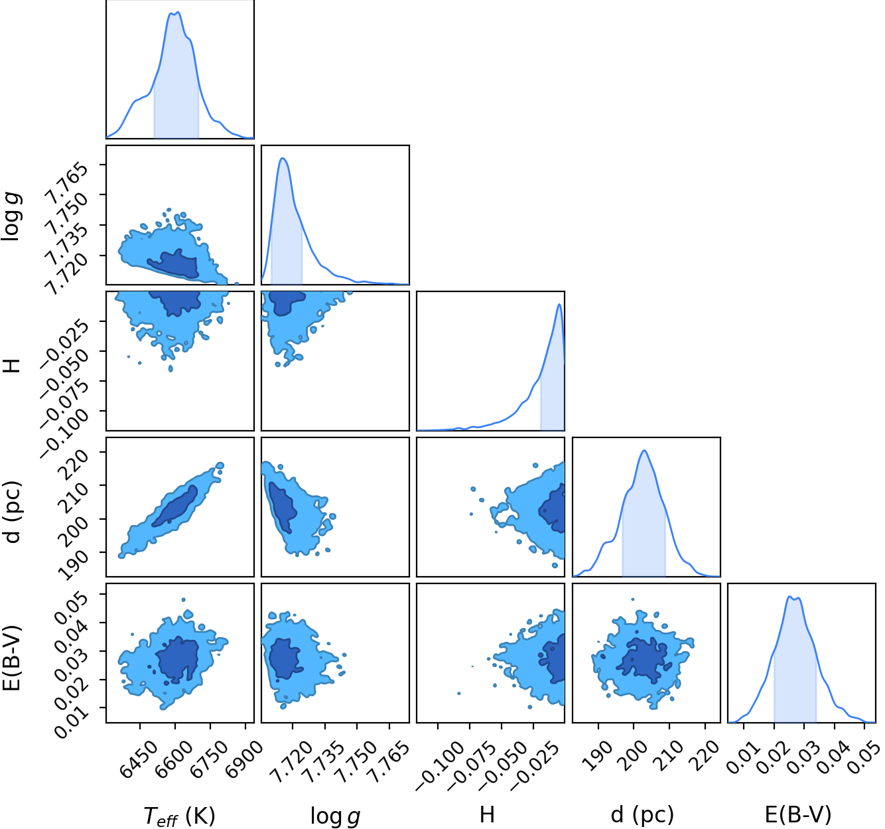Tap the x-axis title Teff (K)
[180, 816]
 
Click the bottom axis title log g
[335, 816]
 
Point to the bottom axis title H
[487, 815]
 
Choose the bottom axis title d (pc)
[642, 815]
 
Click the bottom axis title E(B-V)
[798, 815]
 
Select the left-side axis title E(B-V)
[11, 658]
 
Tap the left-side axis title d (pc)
[13, 512]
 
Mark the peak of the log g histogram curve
[282, 158]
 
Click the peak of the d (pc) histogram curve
[644, 451]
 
